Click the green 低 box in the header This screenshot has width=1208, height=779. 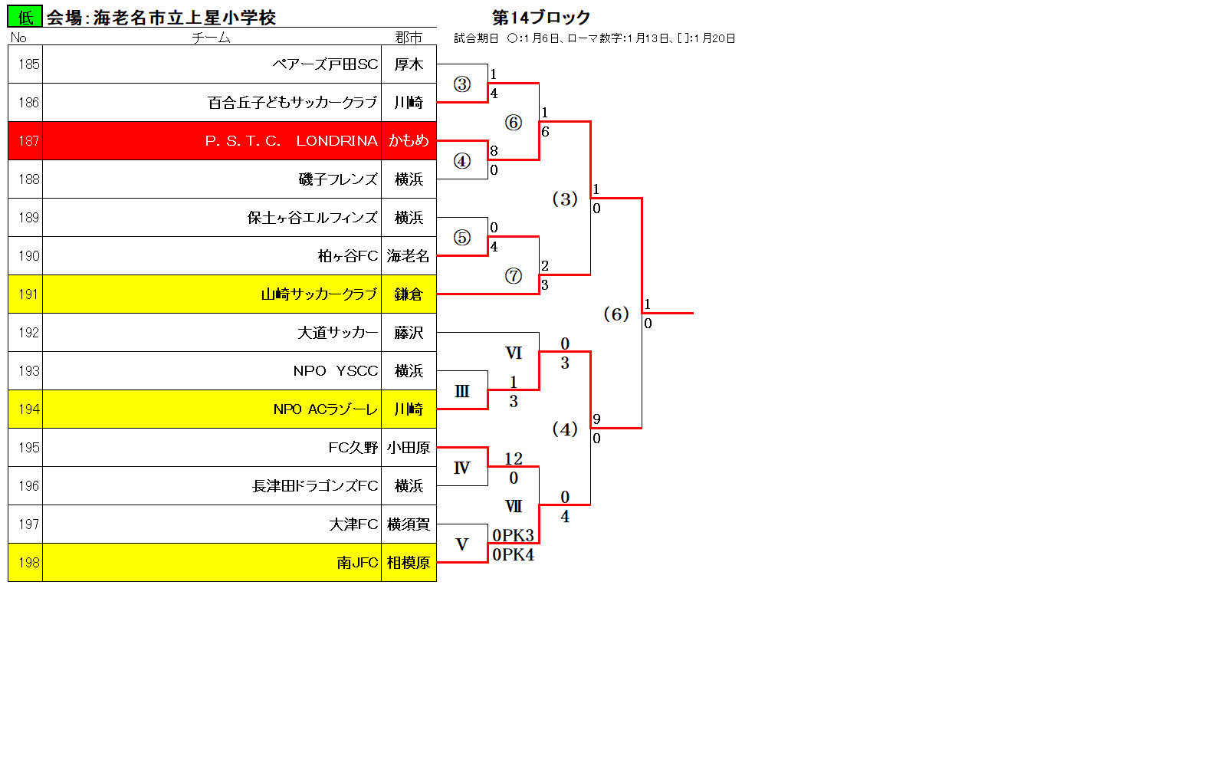tap(25, 17)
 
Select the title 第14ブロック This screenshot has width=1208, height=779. tap(541, 17)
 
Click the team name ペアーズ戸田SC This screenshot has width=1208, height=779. tap(325, 64)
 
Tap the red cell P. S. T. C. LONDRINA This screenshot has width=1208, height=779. tap(291, 141)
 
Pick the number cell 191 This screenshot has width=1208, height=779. tap(28, 294)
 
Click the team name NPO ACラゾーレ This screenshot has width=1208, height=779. tap(325, 409)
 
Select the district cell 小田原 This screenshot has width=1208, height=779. tap(409, 448)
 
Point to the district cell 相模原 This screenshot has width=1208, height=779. tap(409, 563)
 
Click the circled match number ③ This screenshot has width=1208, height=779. tap(462, 84)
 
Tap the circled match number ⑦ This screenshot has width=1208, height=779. tap(514, 276)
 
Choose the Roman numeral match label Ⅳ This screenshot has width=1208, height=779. tap(461, 468)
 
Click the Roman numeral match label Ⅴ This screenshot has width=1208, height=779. tap(461, 544)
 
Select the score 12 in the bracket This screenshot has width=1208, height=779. tap(514, 459)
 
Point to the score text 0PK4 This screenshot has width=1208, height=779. tap(513, 554)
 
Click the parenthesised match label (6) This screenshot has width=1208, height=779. tap(616, 314)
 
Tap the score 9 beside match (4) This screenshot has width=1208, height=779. tap(596, 419)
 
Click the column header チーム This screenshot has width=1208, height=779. tap(211, 38)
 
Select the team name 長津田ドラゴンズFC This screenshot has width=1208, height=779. tap(315, 486)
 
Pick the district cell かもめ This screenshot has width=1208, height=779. tap(409, 141)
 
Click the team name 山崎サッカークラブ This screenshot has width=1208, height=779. tap(319, 294)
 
